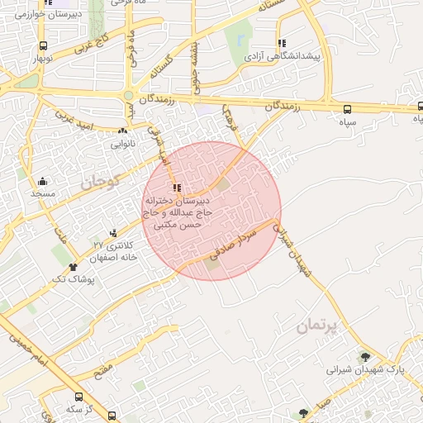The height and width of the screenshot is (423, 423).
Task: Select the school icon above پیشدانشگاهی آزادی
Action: [x=282, y=43]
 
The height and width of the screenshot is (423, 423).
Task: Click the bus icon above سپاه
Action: [x=347, y=108]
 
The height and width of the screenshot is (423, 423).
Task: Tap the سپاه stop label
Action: [x=347, y=121]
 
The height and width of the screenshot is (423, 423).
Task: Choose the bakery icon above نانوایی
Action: [x=122, y=131]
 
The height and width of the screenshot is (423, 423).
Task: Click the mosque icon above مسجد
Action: [x=42, y=181]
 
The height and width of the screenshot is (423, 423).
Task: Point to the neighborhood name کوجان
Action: [x=101, y=179]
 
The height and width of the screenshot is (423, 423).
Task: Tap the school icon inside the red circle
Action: [x=176, y=188]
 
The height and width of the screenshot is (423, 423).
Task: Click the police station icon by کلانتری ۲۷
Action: [x=113, y=234]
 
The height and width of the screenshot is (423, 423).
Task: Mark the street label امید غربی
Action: [x=76, y=116]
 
